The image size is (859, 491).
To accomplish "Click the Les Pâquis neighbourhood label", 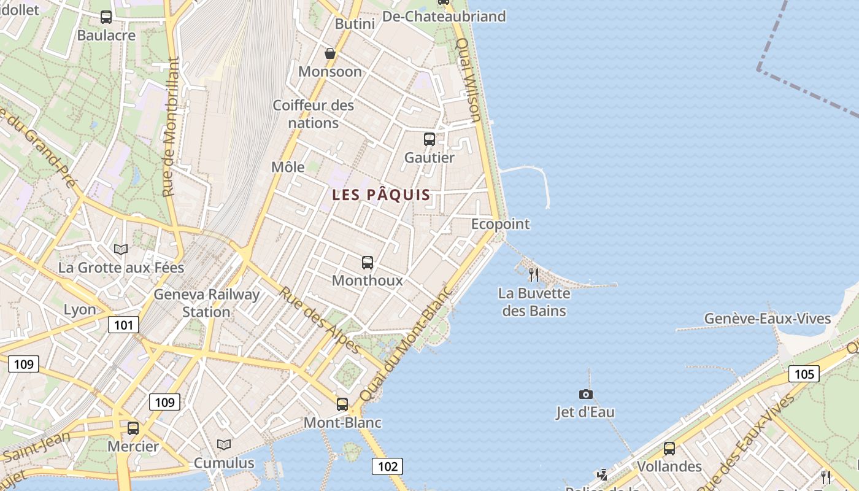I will [381, 195].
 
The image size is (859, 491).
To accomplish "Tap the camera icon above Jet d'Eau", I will [586, 394].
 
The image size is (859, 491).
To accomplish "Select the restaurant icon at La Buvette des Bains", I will [534, 274].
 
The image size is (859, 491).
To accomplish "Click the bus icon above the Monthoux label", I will [368, 263].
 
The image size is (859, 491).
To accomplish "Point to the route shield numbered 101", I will [123, 325].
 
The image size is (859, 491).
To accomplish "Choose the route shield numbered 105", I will [804, 374].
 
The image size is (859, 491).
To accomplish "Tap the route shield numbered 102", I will [388, 466].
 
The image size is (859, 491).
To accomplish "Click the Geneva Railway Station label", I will [207, 303].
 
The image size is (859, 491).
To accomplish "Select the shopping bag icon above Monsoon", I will [330, 53].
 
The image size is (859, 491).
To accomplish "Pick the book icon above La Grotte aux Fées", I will [121, 249].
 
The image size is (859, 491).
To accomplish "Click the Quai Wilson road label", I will [469, 80].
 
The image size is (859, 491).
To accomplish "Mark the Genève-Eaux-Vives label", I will [767, 319].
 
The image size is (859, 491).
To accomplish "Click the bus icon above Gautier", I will [429, 139].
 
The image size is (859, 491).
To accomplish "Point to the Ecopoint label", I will [500, 224].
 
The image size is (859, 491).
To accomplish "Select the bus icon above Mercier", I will [133, 428].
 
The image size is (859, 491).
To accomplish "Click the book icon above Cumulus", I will [224, 444].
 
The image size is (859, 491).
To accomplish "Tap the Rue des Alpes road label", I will [320, 320].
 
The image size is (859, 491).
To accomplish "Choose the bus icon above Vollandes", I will [669, 448].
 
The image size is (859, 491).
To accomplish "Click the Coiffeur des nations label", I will [314, 114].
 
